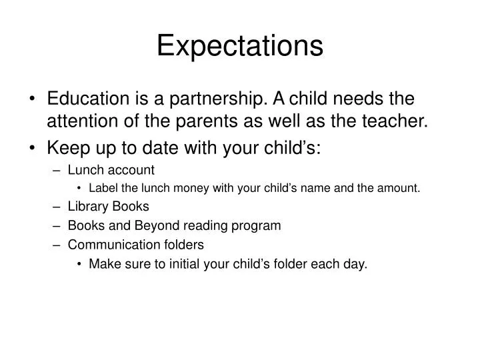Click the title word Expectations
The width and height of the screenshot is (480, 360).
[239, 46]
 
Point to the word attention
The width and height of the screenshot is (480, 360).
[85, 121]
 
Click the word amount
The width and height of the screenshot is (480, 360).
[397, 188]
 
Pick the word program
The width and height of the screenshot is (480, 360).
[259, 225]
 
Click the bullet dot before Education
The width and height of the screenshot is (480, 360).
[34, 100]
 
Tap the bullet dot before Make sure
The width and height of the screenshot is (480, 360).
[80, 264]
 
